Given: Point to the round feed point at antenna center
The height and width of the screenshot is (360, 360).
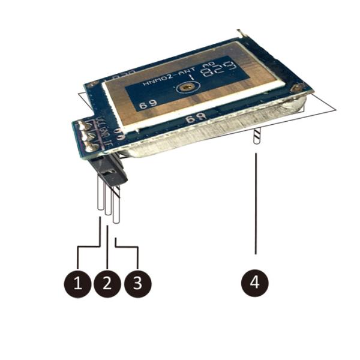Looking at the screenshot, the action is pos(188,88).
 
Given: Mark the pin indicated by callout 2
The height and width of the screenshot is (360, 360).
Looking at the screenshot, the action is pos(107,201).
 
